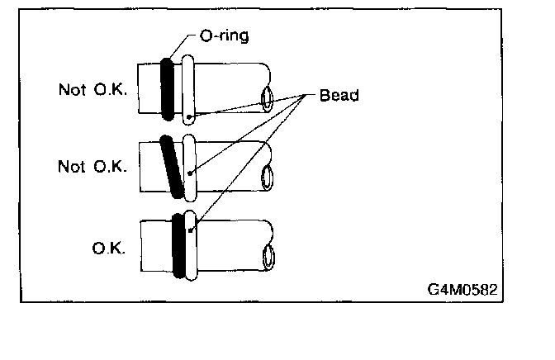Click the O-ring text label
pyautogui.click(x=225, y=36)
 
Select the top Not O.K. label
pyautogui.click(x=92, y=89)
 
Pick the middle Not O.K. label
pyautogui.click(x=92, y=166)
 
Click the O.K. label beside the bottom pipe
pyautogui.click(x=109, y=246)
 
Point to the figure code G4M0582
pyautogui.click(x=463, y=291)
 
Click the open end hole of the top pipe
pyautogui.click(x=268, y=101)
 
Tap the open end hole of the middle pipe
pyautogui.click(x=268, y=177)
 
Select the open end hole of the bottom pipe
pyautogui.click(x=268, y=257)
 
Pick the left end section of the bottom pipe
pyautogui.click(x=155, y=245)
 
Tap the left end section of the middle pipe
pyautogui.click(x=151, y=165)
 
